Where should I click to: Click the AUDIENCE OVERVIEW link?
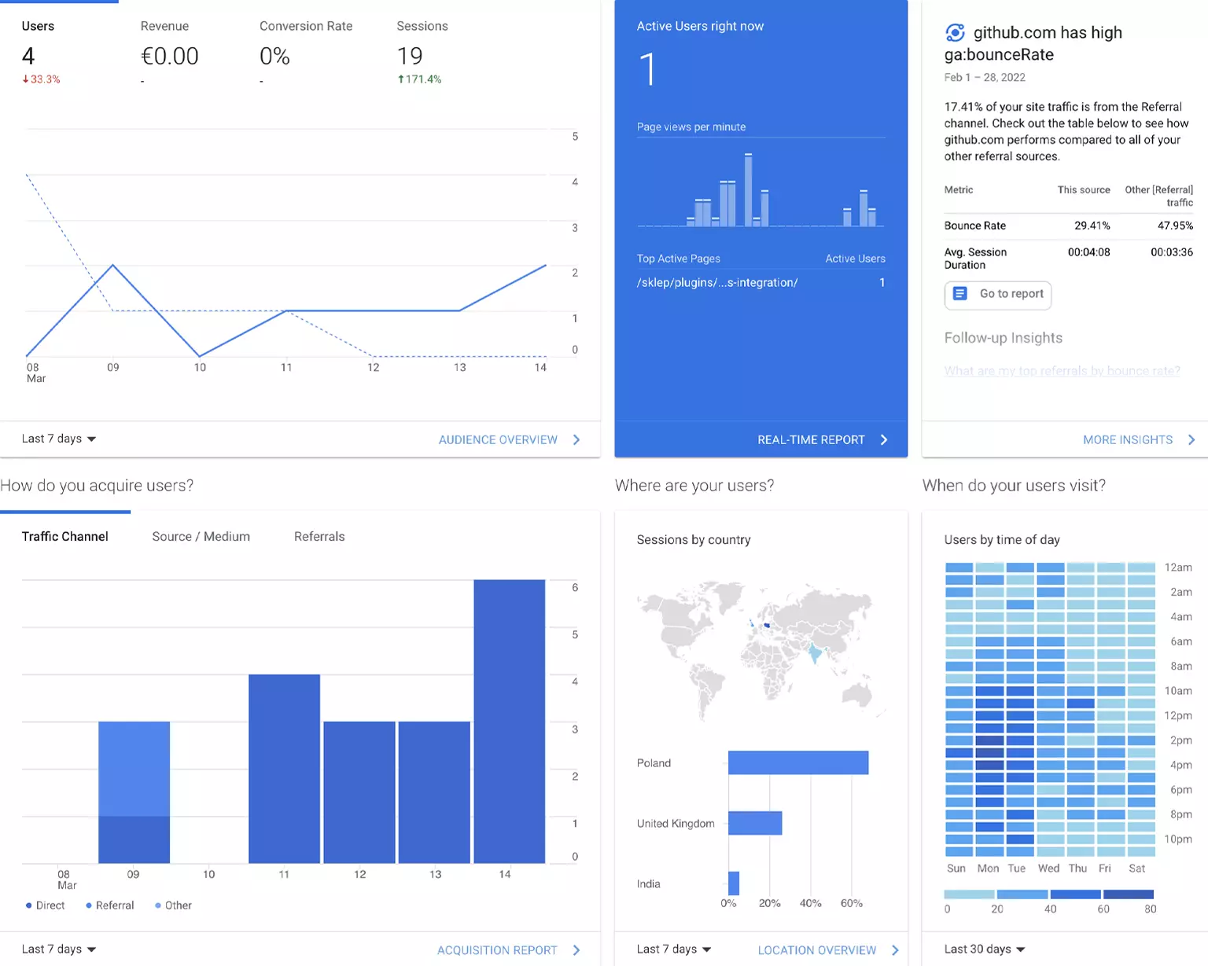tap(498, 439)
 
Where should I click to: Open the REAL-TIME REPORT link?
tap(811, 439)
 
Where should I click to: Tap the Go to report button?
tap(998, 294)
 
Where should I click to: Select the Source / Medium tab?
tap(201, 536)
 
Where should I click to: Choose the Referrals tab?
tap(319, 536)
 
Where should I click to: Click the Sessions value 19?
tap(410, 56)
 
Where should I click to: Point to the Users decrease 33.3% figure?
tap(42, 79)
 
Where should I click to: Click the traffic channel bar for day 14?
tap(509, 721)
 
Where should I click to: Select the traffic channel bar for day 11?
tap(284, 768)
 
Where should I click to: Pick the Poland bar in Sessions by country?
tap(798, 762)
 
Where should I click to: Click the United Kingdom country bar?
tap(755, 823)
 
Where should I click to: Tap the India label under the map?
tap(649, 883)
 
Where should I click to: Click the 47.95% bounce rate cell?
tap(1175, 226)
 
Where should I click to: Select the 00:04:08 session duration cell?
tap(1088, 252)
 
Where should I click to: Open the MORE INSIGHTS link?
tap(1128, 439)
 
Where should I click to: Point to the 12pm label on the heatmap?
tap(1177, 715)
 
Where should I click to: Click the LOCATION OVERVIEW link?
tap(817, 949)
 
